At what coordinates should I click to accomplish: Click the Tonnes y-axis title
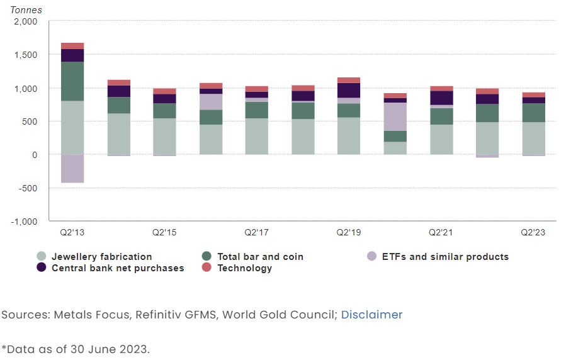pyautogui.click(x=26, y=10)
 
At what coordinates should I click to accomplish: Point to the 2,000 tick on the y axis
pyautogui.click(x=25, y=21)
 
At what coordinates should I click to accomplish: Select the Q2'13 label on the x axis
pyautogui.click(x=72, y=232)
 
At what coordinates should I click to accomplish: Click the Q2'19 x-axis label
pyautogui.click(x=348, y=232)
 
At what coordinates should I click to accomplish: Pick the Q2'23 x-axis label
pyautogui.click(x=533, y=232)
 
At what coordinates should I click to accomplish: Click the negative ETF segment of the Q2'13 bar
pyautogui.click(x=72, y=168)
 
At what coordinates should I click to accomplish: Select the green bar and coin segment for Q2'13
pyautogui.click(x=72, y=81)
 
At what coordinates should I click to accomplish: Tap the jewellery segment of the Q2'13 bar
pyautogui.click(x=72, y=128)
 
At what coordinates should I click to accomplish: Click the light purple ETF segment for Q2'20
pyautogui.click(x=395, y=116)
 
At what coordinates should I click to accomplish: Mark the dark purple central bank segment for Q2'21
pyautogui.click(x=441, y=98)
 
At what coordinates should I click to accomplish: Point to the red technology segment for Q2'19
pyautogui.click(x=349, y=80)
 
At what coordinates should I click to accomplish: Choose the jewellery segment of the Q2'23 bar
pyautogui.click(x=533, y=138)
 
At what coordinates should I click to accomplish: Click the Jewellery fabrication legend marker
pyautogui.click(x=42, y=256)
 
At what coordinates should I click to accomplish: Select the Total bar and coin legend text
pyautogui.click(x=260, y=257)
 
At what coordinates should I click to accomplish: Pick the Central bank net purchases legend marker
pyautogui.click(x=42, y=268)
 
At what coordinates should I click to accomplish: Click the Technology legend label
pyautogui.click(x=244, y=268)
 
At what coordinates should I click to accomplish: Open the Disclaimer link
pyautogui.click(x=371, y=315)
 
